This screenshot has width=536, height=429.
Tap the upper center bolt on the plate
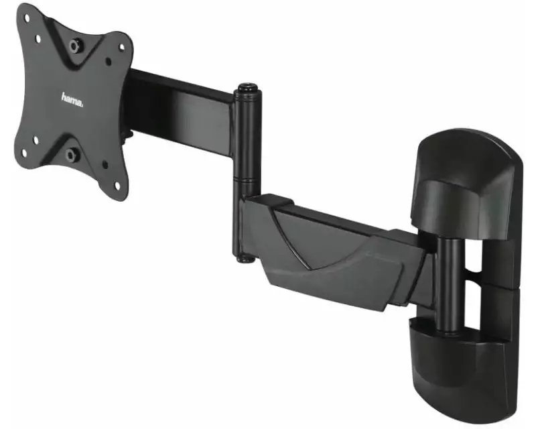74,46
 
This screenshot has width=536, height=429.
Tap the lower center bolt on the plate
71,155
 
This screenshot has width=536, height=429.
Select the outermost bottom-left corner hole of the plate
24,154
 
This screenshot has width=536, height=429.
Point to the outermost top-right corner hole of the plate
121,46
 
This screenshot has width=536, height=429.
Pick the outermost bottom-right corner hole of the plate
117,186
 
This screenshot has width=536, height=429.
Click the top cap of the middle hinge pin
247,87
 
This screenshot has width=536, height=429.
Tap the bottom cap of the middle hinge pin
245,259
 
